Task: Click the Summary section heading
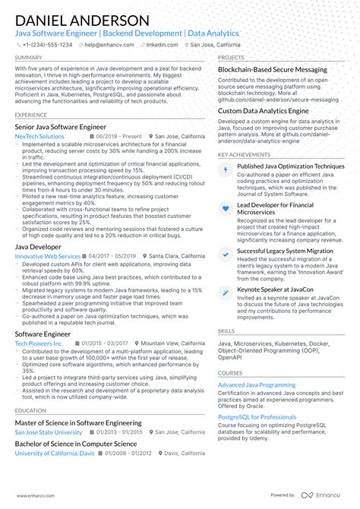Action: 28,57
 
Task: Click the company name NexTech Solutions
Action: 39,137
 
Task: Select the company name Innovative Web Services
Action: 47,257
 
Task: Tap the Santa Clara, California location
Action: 177,257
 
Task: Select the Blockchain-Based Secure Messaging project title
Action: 273,69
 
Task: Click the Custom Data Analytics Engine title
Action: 264,110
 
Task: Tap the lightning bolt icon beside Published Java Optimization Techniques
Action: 226,170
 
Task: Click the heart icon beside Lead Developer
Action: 226,208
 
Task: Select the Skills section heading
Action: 226,331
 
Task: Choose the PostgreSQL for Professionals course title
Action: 257,417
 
